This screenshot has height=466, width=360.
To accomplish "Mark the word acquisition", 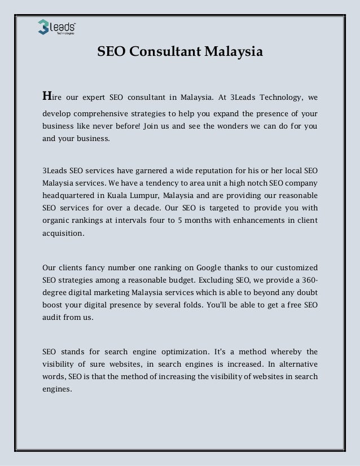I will (65, 234).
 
